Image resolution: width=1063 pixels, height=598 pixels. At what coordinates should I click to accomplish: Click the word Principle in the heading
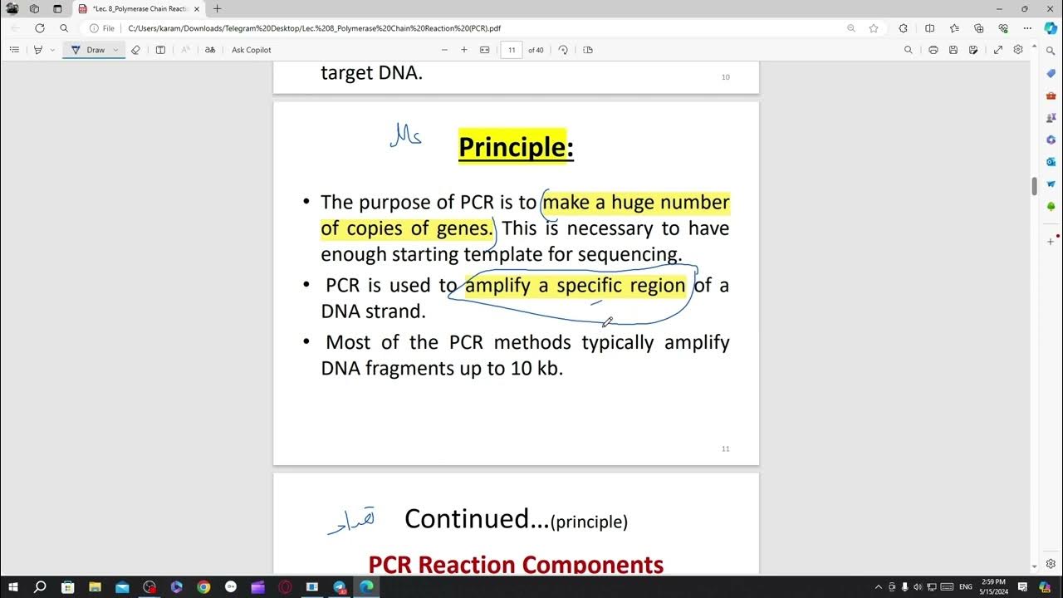coord(512,147)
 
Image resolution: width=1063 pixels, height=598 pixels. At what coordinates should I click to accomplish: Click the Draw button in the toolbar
coord(96,50)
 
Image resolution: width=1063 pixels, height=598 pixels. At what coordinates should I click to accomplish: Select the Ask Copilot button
coord(251,50)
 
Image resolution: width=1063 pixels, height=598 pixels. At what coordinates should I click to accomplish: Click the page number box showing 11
coord(512,50)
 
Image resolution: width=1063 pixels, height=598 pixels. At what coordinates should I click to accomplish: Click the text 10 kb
coord(536,368)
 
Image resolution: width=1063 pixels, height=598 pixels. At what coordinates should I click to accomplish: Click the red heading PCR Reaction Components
coord(516,565)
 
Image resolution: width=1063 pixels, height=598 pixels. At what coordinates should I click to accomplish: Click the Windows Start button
coord(13,587)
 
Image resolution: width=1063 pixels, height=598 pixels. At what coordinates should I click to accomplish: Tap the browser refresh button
coord(39,28)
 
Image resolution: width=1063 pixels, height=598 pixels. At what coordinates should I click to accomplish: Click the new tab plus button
coord(218,9)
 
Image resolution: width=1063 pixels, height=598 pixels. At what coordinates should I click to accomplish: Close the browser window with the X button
coord(1048,9)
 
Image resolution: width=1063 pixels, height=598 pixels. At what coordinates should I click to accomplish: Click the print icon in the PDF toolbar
coord(933,50)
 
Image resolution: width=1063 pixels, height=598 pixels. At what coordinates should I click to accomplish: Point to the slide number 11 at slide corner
coord(725,448)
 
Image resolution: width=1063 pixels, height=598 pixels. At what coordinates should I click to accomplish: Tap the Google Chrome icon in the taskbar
coord(203,587)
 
